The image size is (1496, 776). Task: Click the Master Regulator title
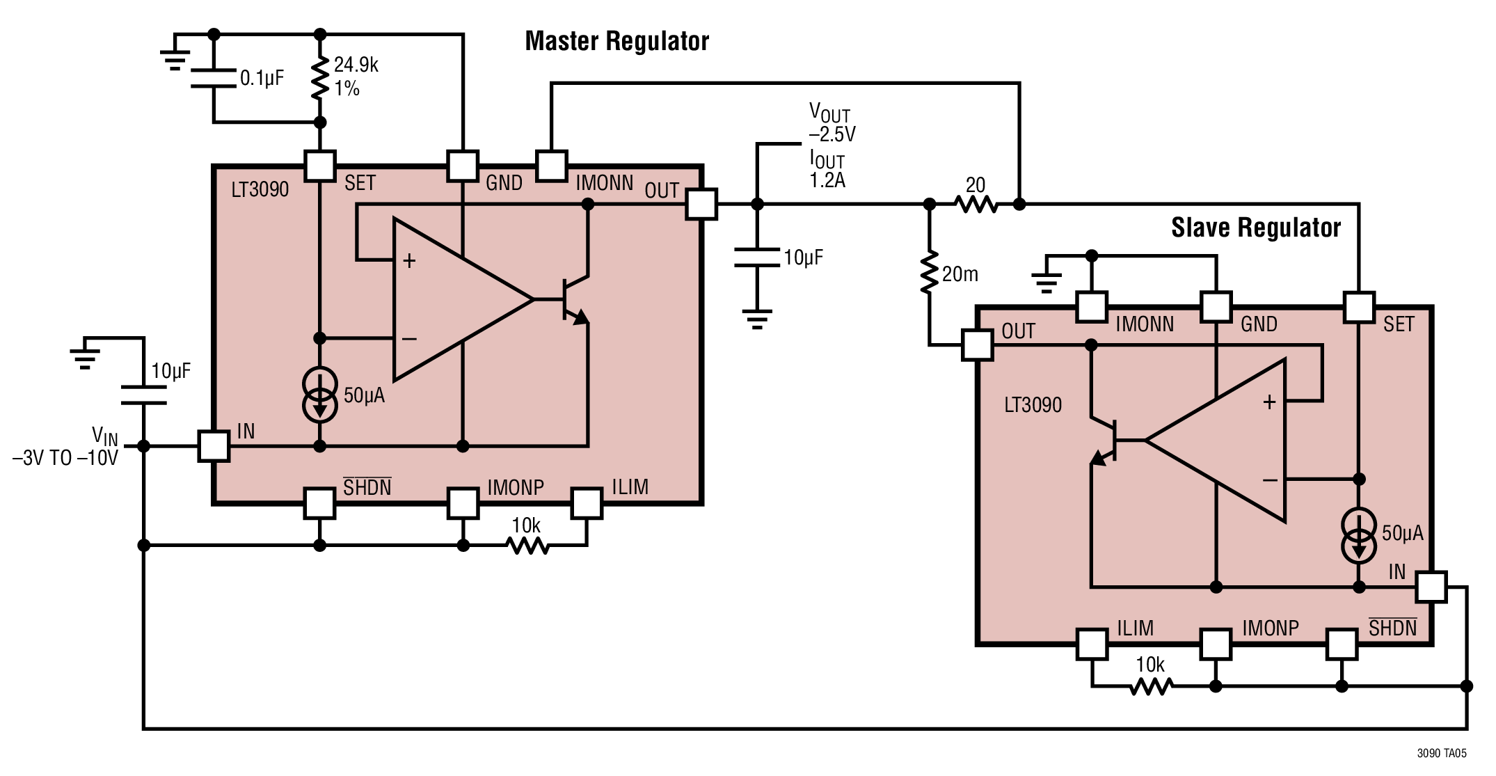click(616, 41)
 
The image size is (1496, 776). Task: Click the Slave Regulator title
click(1256, 228)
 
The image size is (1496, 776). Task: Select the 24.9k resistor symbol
click(320, 78)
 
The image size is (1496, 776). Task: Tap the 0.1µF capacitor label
click(262, 78)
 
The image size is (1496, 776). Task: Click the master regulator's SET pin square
click(320, 166)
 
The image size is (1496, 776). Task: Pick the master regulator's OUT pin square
click(701, 205)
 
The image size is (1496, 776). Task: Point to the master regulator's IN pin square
click(214, 446)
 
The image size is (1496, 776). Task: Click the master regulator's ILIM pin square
click(587, 504)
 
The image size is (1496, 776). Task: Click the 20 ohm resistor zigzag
click(976, 204)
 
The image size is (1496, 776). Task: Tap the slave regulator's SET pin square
click(1359, 308)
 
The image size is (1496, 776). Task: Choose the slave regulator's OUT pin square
click(978, 345)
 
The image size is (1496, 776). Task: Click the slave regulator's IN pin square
click(1431, 587)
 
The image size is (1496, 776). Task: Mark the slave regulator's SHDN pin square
click(1342, 644)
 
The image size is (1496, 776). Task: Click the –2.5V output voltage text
click(832, 134)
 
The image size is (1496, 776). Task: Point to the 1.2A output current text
click(827, 180)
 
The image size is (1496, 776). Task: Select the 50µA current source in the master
click(320, 395)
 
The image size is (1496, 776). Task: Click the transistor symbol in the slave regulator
click(1106, 441)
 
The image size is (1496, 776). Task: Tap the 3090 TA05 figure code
click(1442, 753)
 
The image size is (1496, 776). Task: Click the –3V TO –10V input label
click(65, 458)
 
